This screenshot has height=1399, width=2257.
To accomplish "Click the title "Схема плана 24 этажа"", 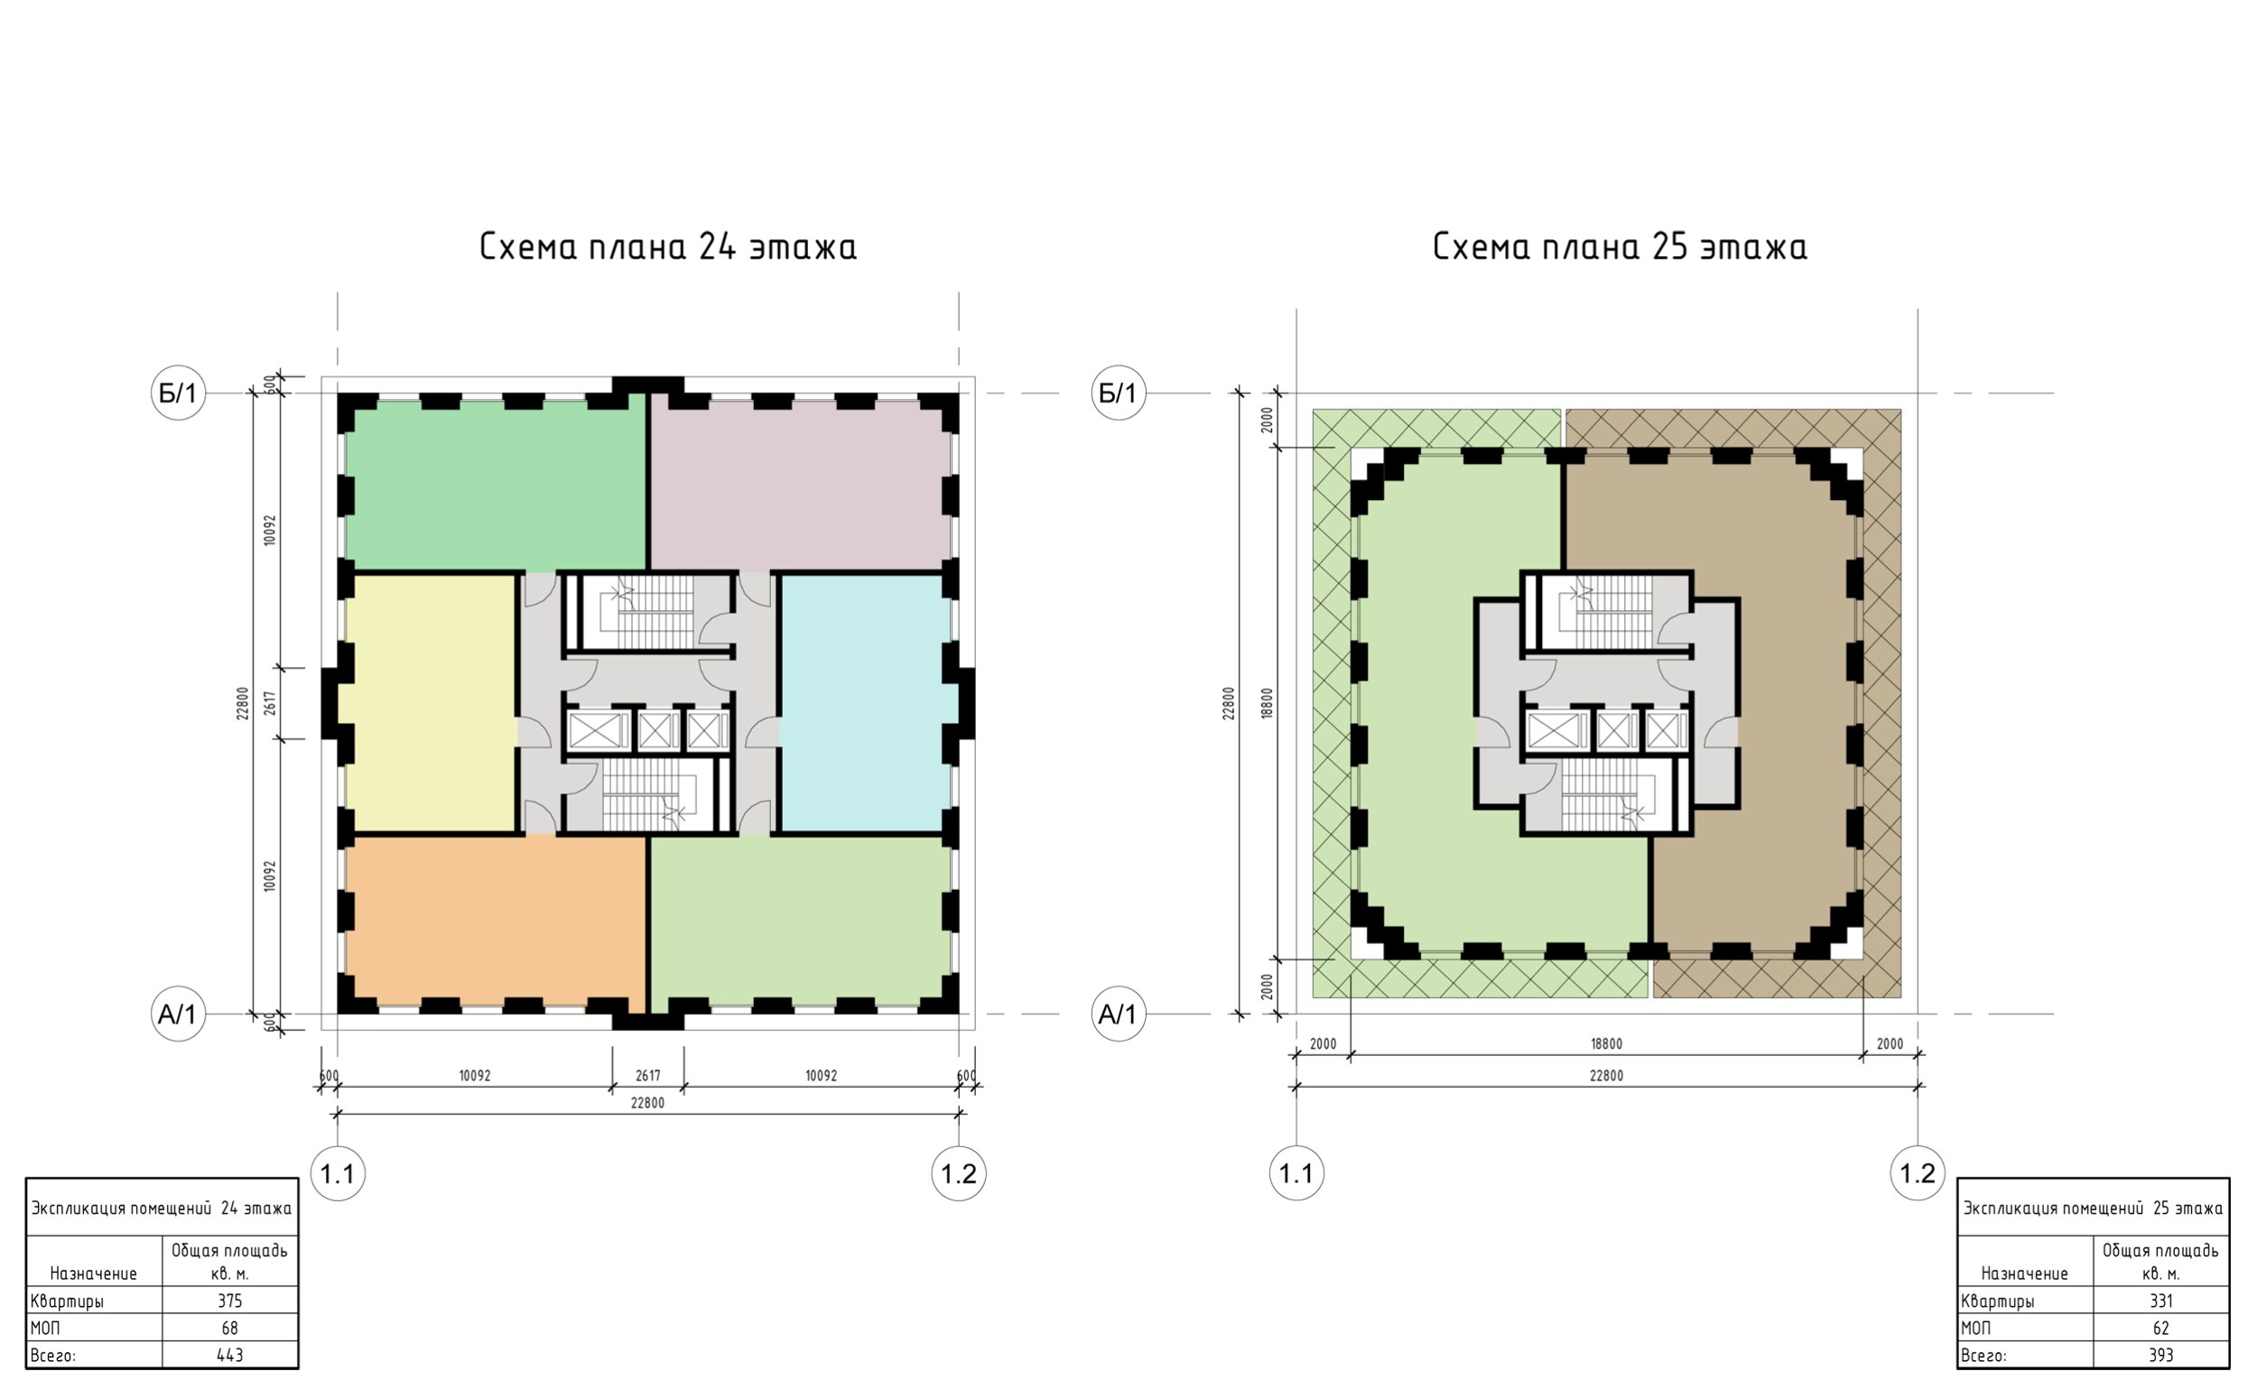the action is (667, 247).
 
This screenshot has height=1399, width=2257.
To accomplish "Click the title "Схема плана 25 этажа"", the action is (1620, 247).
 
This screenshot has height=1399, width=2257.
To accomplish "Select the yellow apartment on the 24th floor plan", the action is (431, 703).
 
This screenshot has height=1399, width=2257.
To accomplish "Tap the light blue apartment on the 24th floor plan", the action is (865, 703).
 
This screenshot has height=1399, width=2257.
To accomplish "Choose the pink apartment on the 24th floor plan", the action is (801, 484).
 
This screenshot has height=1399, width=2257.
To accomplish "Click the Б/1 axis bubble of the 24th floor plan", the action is (178, 394).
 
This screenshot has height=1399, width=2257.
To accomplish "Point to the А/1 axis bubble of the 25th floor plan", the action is (1118, 1015).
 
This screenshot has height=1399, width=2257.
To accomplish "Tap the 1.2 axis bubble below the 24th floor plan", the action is (959, 1174).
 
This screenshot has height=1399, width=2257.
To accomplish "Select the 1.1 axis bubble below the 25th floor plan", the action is (1296, 1174).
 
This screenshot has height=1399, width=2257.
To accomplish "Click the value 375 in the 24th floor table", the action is (229, 1301).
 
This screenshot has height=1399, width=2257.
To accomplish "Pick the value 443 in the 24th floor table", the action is (229, 1356).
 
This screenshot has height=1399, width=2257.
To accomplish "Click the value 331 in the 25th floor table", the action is (2160, 1301).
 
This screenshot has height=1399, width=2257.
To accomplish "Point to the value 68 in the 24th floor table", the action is (229, 1328).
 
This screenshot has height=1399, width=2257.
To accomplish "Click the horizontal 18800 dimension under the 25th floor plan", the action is (1606, 1043).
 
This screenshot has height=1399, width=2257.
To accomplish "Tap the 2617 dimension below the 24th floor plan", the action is (648, 1076).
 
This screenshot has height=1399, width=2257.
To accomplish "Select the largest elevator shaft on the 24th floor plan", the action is (598, 731).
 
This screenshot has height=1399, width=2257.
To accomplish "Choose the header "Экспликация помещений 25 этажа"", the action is (2093, 1209).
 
